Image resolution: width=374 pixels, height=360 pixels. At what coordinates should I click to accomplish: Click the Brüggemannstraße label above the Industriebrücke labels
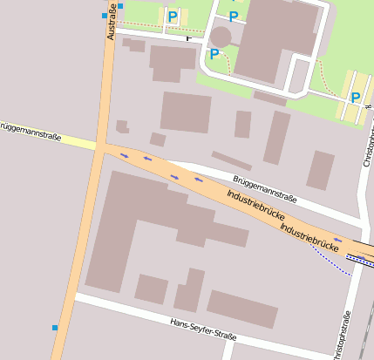(264, 188)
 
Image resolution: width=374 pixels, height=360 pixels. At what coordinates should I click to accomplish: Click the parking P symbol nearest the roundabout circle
(214, 54)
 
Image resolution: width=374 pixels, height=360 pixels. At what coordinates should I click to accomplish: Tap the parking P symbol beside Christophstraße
(356, 97)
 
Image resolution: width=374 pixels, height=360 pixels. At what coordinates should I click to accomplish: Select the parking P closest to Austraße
(173, 16)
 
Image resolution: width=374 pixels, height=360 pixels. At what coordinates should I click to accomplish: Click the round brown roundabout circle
(221, 36)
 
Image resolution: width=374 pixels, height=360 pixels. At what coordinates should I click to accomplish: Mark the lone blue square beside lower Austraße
(55, 328)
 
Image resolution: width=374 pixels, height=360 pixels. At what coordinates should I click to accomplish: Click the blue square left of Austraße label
(105, 16)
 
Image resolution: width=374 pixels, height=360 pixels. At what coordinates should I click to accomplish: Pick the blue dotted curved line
(331, 262)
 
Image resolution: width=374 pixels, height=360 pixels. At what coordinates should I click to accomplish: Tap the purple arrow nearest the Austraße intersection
(124, 155)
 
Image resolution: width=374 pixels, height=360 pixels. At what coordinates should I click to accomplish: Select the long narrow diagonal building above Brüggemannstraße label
(232, 160)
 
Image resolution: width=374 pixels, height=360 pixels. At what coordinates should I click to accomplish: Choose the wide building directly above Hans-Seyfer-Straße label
(241, 309)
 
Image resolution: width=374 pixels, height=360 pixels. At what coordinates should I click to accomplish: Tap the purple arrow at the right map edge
(338, 240)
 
